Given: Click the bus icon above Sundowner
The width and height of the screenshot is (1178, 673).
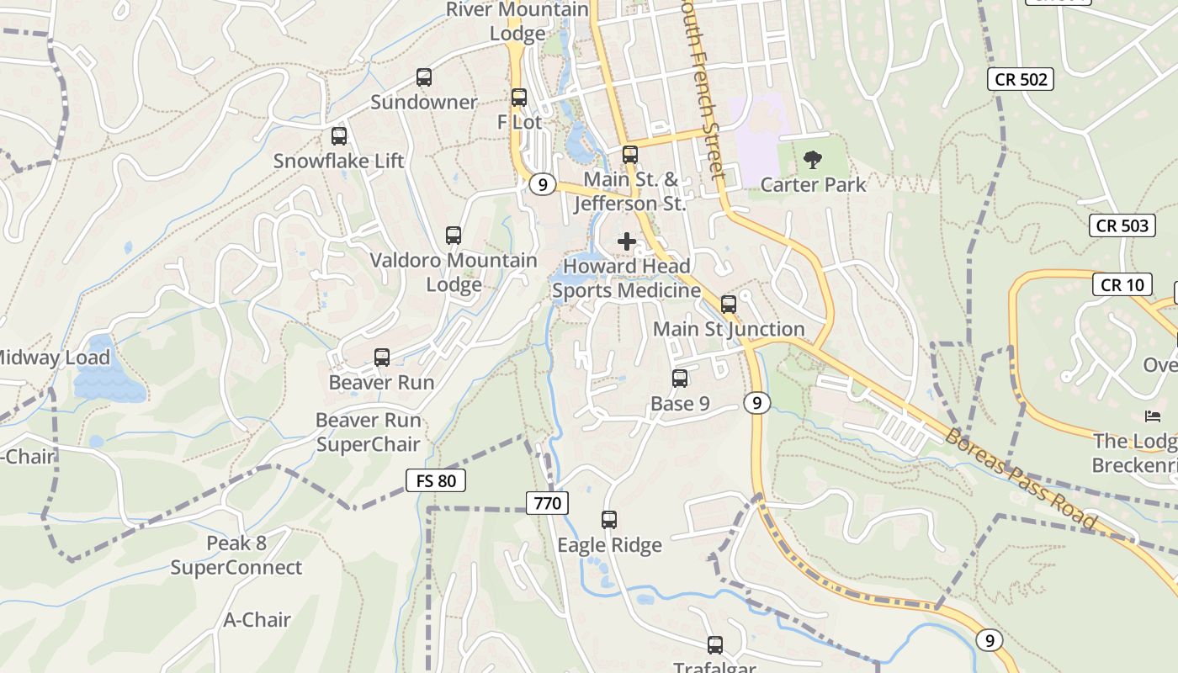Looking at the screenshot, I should tap(424, 77).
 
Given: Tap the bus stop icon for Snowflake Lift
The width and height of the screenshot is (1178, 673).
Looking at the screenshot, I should tap(339, 136).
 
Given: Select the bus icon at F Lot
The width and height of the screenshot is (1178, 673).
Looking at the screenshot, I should tap(519, 98).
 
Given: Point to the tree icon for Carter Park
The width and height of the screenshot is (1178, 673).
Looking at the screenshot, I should tap(813, 159).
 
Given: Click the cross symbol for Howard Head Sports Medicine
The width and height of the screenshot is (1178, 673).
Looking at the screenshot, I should tap(627, 242).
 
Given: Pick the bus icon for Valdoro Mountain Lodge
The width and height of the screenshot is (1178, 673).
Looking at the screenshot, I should tap(454, 236).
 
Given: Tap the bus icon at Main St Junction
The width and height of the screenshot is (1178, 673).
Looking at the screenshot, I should tap(729, 305).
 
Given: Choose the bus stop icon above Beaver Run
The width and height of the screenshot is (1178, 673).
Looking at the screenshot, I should tap(382, 358).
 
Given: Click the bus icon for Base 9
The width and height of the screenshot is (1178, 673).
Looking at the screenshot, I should tap(680, 379).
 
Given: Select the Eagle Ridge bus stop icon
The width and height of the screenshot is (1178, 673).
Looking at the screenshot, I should tap(609, 520).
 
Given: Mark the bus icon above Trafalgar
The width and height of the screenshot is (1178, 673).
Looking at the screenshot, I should tap(715, 645).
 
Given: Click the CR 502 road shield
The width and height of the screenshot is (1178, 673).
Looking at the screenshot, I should tap(1020, 80).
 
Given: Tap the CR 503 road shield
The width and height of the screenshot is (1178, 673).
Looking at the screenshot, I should tap(1123, 225).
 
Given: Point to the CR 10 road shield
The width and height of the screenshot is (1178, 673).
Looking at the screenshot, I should tap(1122, 284).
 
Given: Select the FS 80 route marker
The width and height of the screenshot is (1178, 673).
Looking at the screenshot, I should tap(436, 481).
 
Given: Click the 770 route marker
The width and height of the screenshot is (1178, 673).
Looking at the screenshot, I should tap(548, 504).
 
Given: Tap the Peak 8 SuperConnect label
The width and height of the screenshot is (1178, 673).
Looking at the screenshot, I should tap(236, 555).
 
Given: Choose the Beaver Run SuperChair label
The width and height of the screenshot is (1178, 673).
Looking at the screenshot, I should tap(368, 432).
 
